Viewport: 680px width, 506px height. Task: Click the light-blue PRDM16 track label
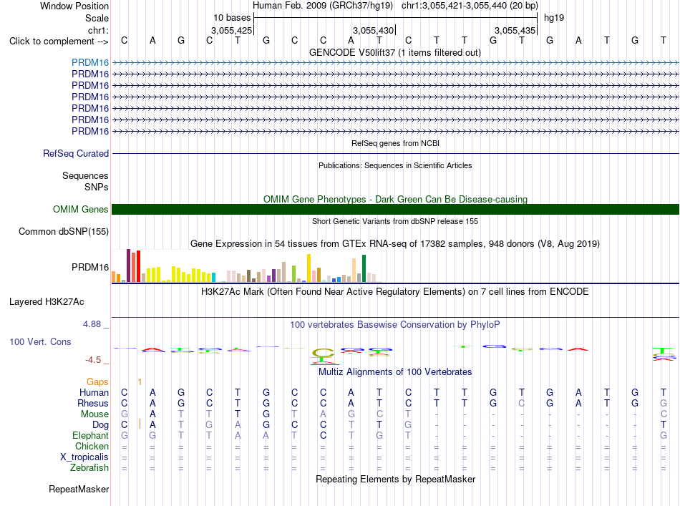pyautogui.click(x=90, y=62)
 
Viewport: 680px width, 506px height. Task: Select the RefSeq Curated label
pyautogui.click(x=76, y=153)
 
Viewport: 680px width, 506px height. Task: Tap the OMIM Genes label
pyautogui.click(x=81, y=210)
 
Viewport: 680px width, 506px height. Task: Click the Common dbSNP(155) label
pyautogui.click(x=64, y=232)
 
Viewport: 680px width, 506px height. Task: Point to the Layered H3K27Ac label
pyautogui.click(x=47, y=302)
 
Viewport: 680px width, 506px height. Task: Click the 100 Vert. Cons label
pyautogui.click(x=40, y=341)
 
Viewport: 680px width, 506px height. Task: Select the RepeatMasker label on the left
pyautogui.click(x=79, y=489)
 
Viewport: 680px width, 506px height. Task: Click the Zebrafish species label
pyautogui.click(x=89, y=468)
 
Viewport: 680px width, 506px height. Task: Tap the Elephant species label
pyautogui.click(x=91, y=435)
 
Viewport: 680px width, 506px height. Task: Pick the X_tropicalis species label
pyautogui.click(x=84, y=457)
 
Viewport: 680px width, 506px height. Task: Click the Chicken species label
pyautogui.click(x=92, y=446)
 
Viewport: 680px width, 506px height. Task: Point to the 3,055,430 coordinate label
pyautogui.click(x=374, y=30)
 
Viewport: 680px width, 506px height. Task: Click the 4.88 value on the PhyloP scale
pyautogui.click(x=92, y=324)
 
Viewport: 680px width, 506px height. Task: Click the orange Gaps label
pyautogui.click(x=97, y=381)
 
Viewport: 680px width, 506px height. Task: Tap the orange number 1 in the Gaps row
pyautogui.click(x=140, y=382)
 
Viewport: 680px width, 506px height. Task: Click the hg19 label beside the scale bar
pyautogui.click(x=554, y=18)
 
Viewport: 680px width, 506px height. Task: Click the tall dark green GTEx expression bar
pyautogui.click(x=364, y=268)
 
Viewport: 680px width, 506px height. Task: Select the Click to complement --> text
pyautogui.click(x=59, y=42)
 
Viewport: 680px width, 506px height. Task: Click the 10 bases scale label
pyautogui.click(x=232, y=18)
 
